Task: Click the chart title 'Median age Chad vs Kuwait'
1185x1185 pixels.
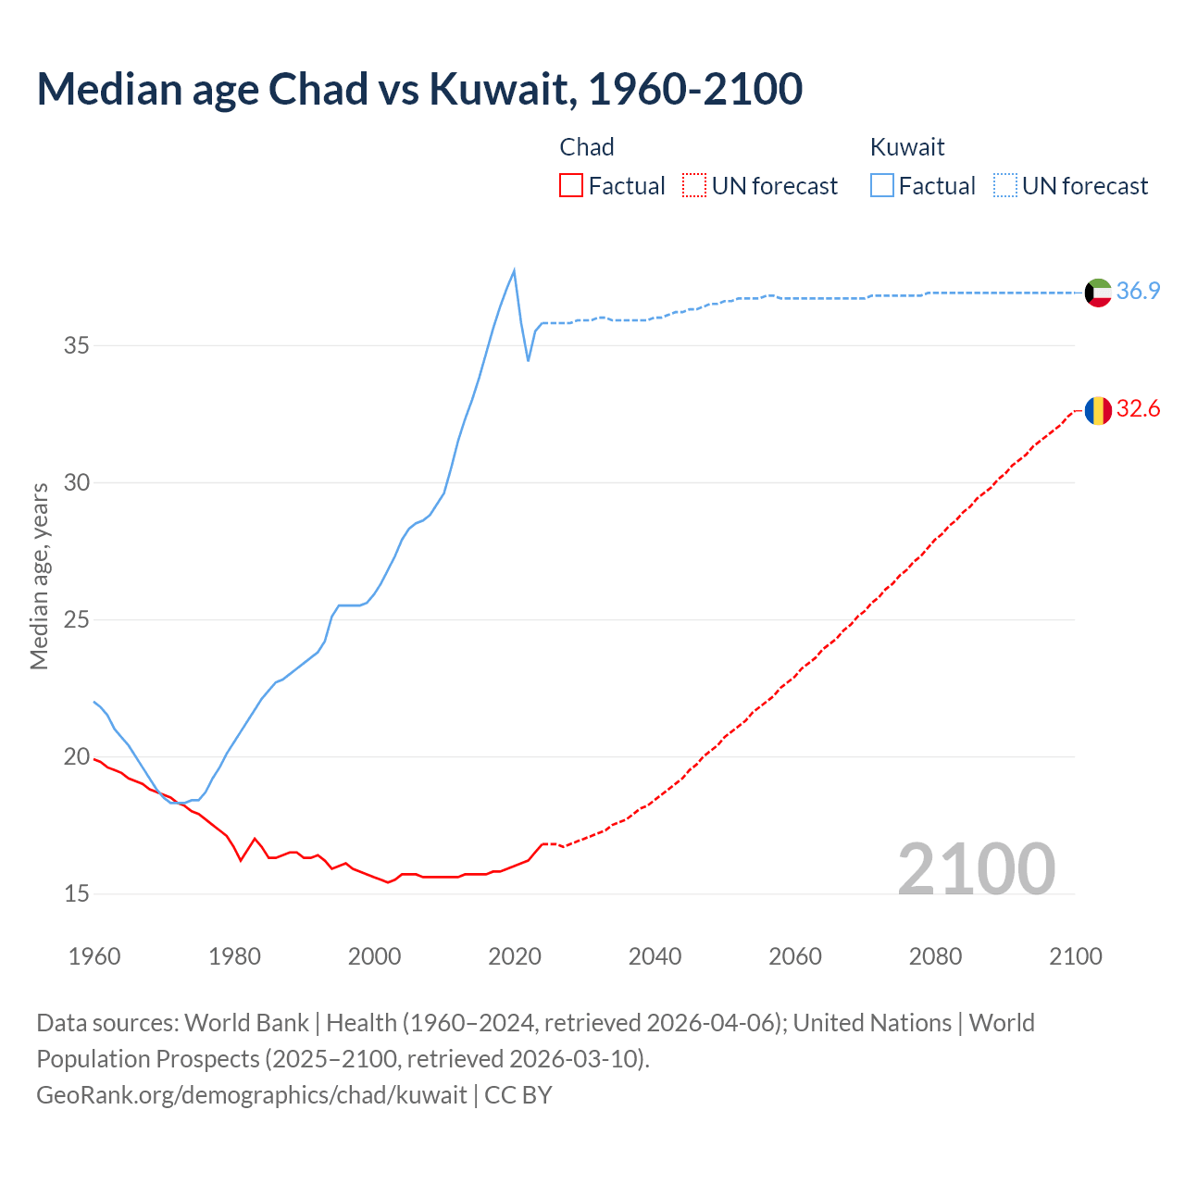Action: click(418, 89)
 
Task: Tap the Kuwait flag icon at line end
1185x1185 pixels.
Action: click(1098, 292)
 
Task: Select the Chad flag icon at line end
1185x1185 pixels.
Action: click(1098, 410)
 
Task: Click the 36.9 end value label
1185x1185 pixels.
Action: click(1138, 291)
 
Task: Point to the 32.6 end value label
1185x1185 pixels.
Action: click(1138, 409)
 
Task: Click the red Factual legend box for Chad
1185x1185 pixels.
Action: click(571, 186)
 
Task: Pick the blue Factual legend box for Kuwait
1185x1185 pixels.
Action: click(881, 186)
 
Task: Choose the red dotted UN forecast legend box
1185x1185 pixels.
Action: click(694, 186)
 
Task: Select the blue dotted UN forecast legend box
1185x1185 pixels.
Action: click(1004, 186)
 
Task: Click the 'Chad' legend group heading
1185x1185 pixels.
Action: click(587, 147)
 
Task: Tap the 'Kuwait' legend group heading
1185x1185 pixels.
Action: click(907, 147)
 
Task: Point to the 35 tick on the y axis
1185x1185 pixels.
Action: click(77, 346)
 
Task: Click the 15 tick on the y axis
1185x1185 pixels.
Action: click(77, 894)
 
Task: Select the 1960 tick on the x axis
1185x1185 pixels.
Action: click(94, 956)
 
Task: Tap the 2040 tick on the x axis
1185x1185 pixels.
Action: click(655, 956)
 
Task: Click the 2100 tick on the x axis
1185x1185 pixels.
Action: click(1075, 956)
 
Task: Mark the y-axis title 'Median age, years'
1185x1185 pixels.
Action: click(39, 576)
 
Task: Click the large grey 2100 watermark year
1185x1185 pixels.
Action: click(977, 868)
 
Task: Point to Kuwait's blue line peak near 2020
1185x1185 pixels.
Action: click(514, 270)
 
